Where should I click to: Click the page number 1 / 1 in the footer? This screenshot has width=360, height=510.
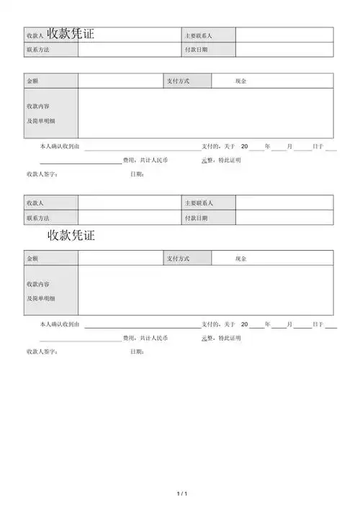181,493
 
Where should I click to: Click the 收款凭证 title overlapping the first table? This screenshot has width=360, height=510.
71,34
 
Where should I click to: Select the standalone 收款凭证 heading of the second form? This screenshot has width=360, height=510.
71,235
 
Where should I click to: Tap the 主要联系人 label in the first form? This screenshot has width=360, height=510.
199,35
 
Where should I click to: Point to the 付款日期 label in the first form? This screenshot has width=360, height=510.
196,50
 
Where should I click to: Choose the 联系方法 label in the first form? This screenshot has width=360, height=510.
37,50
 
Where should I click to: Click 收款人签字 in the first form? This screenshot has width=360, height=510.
42,174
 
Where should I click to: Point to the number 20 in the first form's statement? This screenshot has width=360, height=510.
244,147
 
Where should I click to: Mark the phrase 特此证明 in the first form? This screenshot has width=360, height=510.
230,160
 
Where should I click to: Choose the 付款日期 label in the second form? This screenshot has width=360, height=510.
196,218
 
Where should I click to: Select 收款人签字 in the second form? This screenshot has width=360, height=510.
42,352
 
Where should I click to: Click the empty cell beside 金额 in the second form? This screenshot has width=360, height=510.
121,259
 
